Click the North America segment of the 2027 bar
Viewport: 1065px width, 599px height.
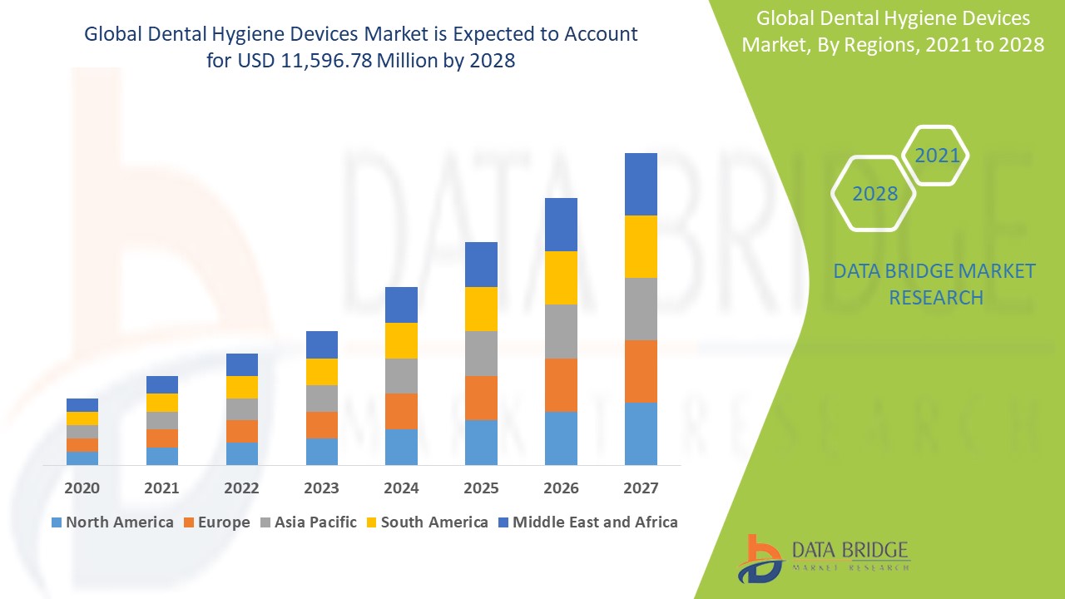pos(641,433)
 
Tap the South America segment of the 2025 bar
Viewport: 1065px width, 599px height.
pos(481,309)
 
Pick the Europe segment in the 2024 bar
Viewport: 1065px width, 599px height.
pos(401,411)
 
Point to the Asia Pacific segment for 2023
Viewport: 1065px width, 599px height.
pos(322,399)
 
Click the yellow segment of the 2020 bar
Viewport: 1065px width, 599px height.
pos(82,418)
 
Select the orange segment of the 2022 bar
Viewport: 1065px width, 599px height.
pos(242,431)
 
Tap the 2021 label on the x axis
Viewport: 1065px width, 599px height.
pos(162,488)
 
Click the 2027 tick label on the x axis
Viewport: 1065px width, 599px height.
pos(641,488)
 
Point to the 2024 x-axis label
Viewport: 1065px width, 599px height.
pos(401,488)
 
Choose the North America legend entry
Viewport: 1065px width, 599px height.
pos(111,522)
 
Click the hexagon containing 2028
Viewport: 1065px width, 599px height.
pos(874,194)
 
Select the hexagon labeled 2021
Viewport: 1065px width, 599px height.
pos(937,156)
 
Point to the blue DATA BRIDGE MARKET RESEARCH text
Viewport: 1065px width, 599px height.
pos(935,284)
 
